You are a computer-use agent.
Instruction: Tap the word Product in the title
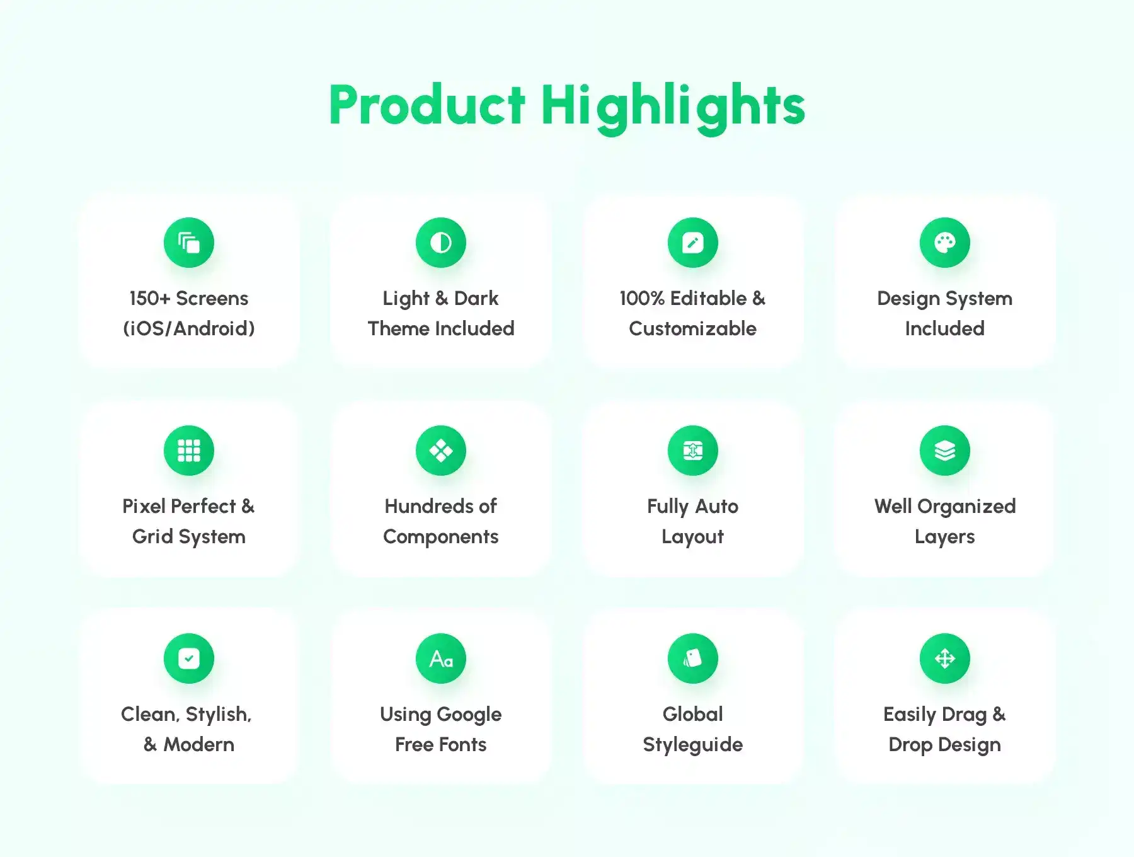click(427, 105)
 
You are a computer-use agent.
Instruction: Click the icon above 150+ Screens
click(189, 243)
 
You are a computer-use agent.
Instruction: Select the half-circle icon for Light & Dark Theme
click(441, 243)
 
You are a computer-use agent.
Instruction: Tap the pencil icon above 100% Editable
click(693, 243)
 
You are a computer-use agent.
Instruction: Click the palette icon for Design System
click(945, 243)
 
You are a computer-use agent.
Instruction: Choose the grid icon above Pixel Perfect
click(189, 451)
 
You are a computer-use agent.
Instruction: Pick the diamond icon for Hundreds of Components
click(441, 451)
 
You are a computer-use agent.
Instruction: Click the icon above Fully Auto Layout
click(693, 451)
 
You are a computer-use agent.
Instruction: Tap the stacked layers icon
click(945, 451)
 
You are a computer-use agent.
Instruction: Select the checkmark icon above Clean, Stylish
click(189, 659)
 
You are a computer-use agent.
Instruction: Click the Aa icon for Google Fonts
click(441, 659)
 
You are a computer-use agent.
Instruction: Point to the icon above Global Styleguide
click(693, 659)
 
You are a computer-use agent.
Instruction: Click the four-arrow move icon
click(945, 659)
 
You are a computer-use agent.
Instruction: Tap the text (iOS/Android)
click(189, 328)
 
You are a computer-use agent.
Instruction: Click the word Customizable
click(693, 328)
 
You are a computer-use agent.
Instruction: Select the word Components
click(441, 537)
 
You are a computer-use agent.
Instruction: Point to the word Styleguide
click(693, 745)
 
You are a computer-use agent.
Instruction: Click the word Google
click(469, 715)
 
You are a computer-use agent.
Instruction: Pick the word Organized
click(966, 507)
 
